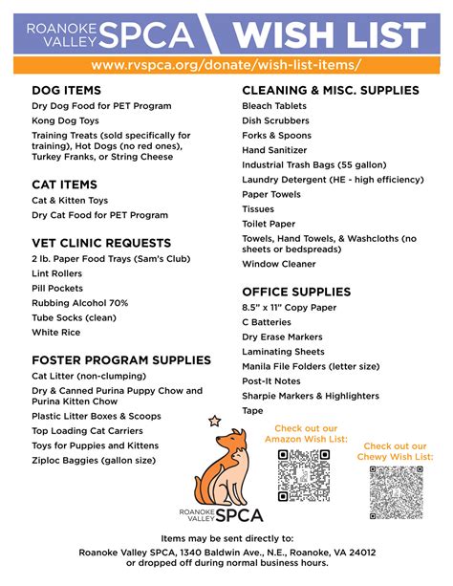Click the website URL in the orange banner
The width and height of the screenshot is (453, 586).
point(226,64)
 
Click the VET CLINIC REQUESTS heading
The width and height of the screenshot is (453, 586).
point(101,243)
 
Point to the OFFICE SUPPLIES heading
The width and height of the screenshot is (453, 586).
point(296,292)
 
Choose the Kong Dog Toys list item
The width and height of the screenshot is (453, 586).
point(66,121)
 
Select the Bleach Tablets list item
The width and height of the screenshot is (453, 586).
point(274,106)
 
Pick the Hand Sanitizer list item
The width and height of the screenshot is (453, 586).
point(276,150)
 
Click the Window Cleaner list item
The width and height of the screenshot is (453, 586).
point(279,264)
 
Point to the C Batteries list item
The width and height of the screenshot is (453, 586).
point(268,322)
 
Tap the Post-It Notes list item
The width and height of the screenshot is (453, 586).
point(271,381)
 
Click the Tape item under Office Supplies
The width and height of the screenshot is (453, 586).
point(252,411)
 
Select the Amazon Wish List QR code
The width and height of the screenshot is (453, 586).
point(303,475)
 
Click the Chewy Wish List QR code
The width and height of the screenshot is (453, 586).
point(395,491)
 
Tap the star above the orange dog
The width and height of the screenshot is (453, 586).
point(214,420)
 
